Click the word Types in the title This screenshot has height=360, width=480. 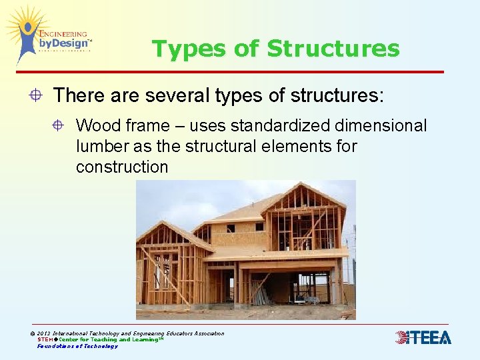[182, 49]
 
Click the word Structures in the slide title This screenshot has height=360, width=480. [333, 49]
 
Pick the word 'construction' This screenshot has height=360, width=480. [122, 167]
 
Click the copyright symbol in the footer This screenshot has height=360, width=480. [33, 333]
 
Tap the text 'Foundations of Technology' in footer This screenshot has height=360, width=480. [77, 346]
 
